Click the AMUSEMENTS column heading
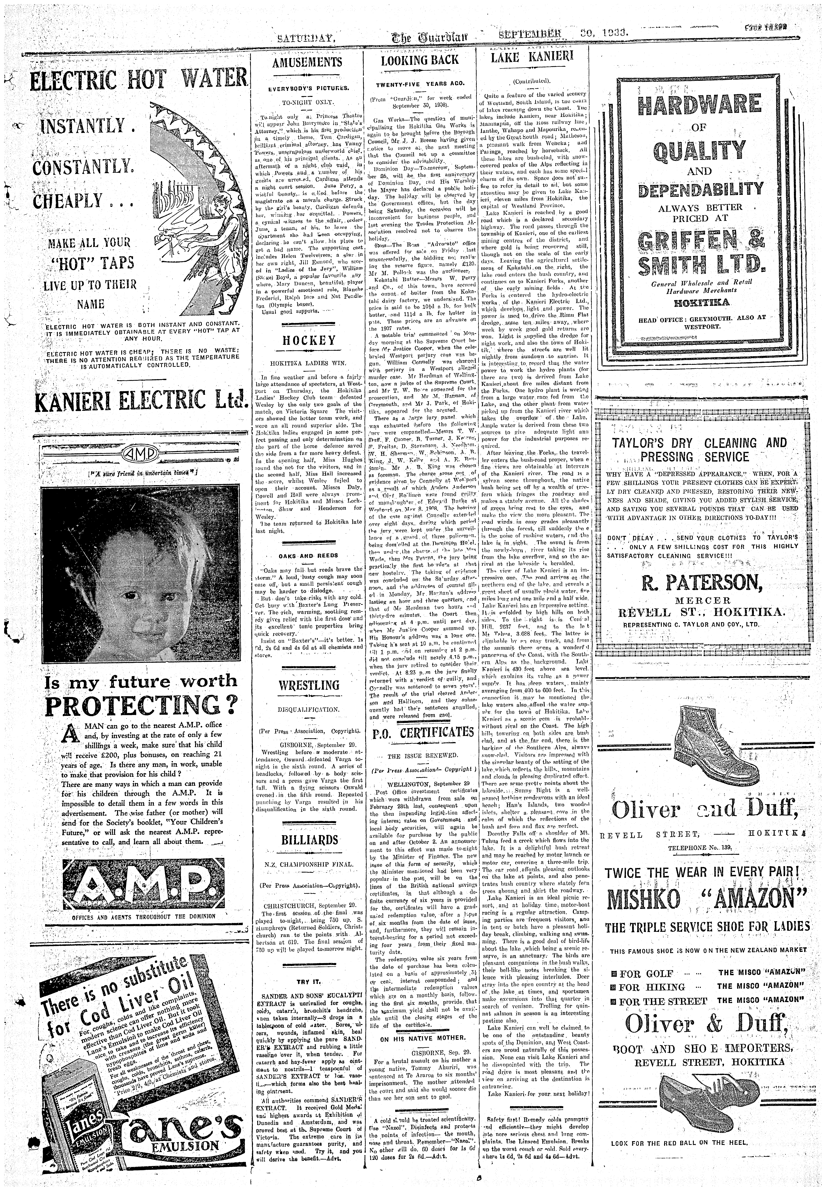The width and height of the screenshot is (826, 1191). [x=307, y=63]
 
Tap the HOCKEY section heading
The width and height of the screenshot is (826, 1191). [x=309, y=340]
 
